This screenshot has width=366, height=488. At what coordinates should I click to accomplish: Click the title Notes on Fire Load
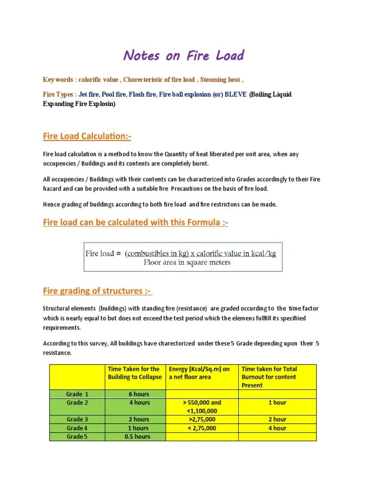[x=183, y=56]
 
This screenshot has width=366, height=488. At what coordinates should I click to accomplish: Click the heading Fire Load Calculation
[x=87, y=137]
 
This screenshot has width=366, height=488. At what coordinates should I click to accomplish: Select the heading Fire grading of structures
[x=97, y=291]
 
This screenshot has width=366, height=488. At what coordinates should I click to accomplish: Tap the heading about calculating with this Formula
[x=135, y=223]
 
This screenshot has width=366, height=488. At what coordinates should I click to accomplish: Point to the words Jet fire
[x=89, y=94]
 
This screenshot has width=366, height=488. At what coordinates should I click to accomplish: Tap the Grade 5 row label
[x=77, y=437]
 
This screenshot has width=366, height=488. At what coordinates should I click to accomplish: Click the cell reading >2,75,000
[x=202, y=419]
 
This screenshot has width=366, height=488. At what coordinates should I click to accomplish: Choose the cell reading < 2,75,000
[x=202, y=428]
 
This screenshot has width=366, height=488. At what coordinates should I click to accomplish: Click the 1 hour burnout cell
[x=277, y=403]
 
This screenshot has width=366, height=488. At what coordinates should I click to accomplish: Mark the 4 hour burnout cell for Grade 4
[x=277, y=428]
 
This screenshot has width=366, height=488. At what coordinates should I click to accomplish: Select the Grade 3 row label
[x=77, y=419]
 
